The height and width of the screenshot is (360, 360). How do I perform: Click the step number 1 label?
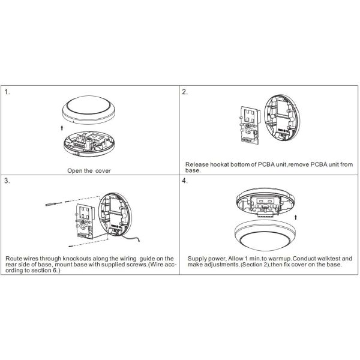[x=7, y=92]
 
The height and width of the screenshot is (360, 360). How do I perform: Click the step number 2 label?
[x=185, y=92]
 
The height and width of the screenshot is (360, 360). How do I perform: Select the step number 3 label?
[x=7, y=181]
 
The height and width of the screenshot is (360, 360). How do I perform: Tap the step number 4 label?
[x=185, y=181]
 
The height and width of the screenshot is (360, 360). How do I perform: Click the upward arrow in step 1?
[x=62, y=128]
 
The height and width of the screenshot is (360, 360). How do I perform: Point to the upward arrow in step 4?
[x=296, y=217]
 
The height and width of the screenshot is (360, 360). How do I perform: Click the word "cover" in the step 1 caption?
[x=103, y=171]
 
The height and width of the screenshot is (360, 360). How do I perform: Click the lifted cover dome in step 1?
[x=88, y=110]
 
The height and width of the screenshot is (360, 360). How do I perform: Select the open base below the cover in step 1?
[x=89, y=144]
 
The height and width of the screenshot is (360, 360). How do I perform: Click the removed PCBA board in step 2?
[x=250, y=125]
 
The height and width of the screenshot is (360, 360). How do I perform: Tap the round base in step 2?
[x=282, y=118]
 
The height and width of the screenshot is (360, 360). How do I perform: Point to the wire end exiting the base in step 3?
[x=139, y=241]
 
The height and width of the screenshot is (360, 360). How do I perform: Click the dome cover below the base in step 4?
[x=265, y=235]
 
